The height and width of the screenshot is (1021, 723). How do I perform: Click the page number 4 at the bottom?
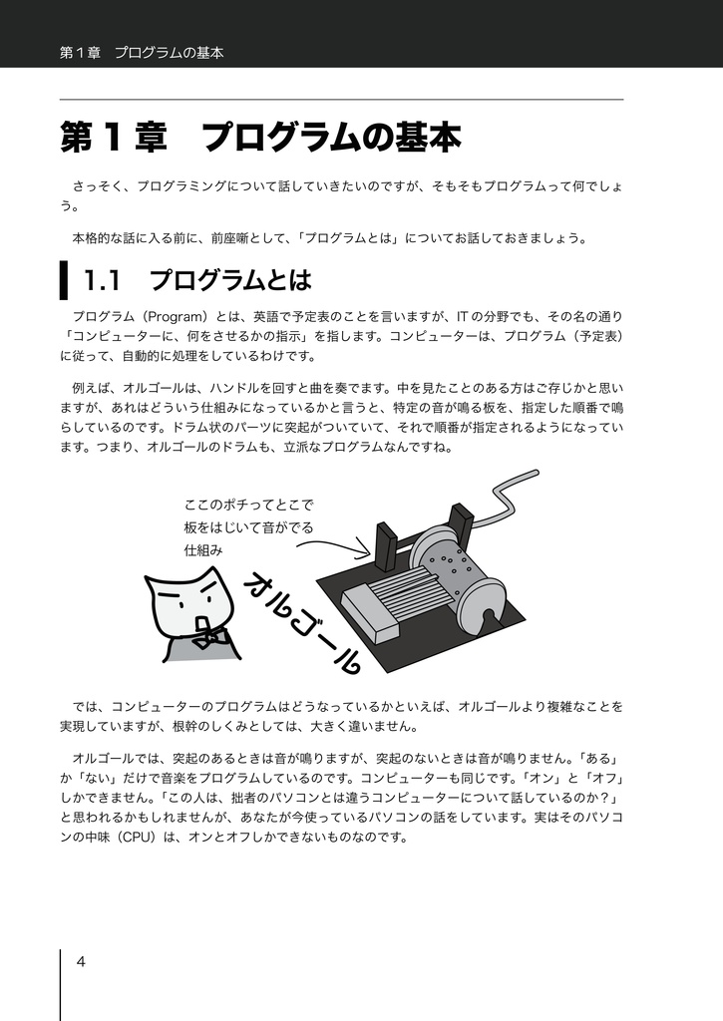pyautogui.click(x=81, y=961)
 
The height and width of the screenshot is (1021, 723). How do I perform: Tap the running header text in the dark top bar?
pyautogui.click(x=141, y=53)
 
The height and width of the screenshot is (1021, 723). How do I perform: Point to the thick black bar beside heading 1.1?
pyautogui.click(x=64, y=280)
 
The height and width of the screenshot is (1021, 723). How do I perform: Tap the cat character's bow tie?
pyautogui.click(x=210, y=635)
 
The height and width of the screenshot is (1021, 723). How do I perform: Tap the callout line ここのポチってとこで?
pyautogui.click(x=249, y=504)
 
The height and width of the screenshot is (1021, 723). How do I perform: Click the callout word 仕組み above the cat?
pyautogui.click(x=202, y=549)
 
